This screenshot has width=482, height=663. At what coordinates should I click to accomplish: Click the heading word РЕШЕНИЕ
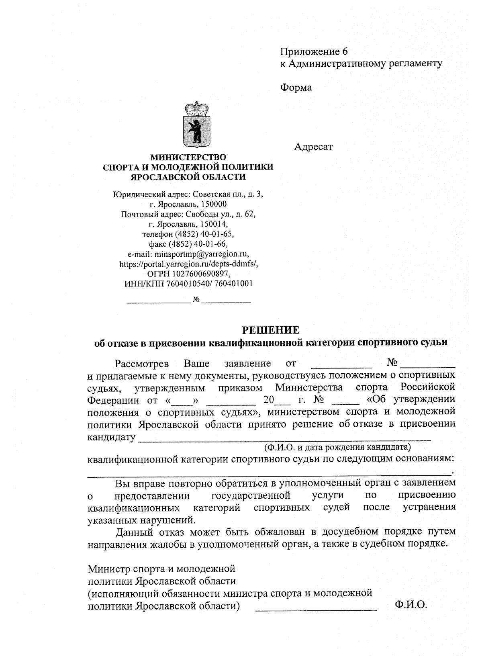[x=270, y=330]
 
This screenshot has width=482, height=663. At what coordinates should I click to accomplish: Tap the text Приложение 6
[x=313, y=51]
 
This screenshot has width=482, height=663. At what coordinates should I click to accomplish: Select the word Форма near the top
[x=296, y=87]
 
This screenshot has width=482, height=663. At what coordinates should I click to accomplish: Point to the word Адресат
[x=313, y=147]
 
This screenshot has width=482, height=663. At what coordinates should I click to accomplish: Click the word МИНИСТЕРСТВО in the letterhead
[x=188, y=157]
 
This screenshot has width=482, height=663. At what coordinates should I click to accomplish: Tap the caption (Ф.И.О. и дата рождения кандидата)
[x=337, y=447]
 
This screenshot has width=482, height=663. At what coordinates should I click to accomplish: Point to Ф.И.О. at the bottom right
[x=411, y=605]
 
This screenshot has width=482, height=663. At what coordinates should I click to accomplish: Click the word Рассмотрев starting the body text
[x=141, y=364]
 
